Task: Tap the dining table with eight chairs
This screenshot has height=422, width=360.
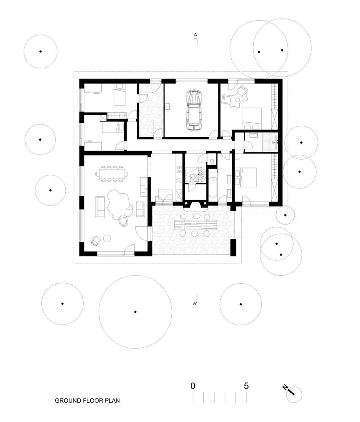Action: (x=113, y=173)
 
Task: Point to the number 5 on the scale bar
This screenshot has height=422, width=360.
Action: (x=246, y=385)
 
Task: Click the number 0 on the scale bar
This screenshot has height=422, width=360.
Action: (x=193, y=385)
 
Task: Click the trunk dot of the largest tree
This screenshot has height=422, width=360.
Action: (x=135, y=312)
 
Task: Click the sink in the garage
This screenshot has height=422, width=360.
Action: (x=168, y=106)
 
